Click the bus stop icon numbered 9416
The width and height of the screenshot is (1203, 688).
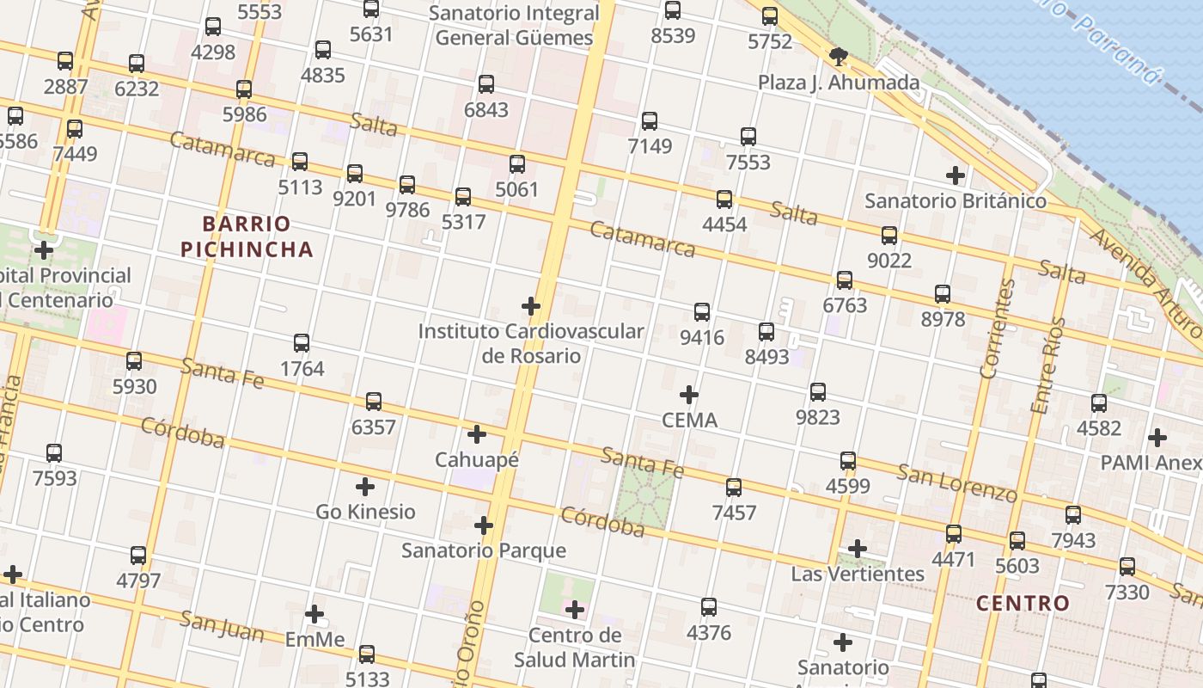click(x=702, y=312)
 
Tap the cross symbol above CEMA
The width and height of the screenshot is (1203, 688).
click(x=688, y=395)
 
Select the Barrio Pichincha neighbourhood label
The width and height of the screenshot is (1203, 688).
click(x=247, y=236)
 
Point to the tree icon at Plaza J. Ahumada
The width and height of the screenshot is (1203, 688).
click(x=839, y=58)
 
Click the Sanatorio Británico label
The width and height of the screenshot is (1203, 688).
click(x=956, y=201)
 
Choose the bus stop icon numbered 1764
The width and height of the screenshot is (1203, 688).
click(x=302, y=343)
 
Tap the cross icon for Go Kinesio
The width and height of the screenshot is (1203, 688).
click(x=365, y=487)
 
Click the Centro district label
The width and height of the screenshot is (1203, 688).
click(x=1023, y=603)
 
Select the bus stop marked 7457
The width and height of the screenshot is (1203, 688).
click(x=734, y=488)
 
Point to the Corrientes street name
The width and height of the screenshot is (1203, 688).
click(x=997, y=329)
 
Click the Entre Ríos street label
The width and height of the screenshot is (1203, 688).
click(x=1047, y=365)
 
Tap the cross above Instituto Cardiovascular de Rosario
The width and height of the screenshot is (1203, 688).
click(x=531, y=305)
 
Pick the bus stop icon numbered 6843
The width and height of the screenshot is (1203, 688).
click(x=486, y=84)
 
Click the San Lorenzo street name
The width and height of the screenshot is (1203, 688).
click(x=956, y=482)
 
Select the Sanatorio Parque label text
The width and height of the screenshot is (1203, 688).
click(x=484, y=550)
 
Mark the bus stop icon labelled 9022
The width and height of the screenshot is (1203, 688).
click(x=889, y=235)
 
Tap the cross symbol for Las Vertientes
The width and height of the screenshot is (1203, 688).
click(x=857, y=548)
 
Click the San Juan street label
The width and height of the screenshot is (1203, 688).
click(x=221, y=625)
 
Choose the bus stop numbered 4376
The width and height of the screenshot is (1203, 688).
click(x=709, y=607)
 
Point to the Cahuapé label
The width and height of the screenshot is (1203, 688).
click(x=477, y=460)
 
